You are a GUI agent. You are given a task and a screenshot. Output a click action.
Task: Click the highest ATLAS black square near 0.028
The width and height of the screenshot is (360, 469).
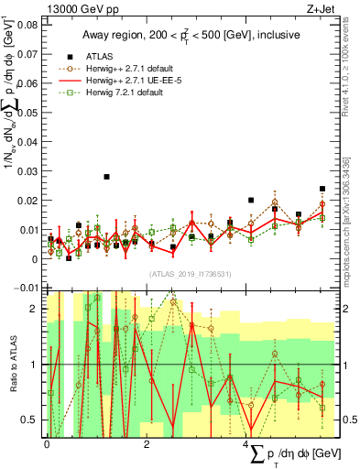(x=106, y=177)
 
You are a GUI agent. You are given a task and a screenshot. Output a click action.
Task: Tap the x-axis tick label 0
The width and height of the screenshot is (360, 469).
(x=47, y=443)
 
